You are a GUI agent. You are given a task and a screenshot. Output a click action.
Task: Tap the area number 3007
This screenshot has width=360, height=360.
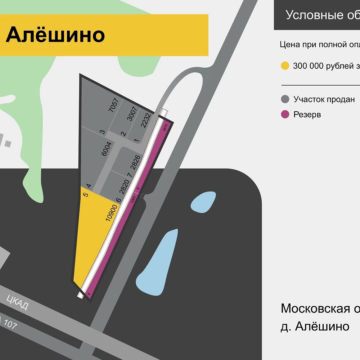[x=132, y=114]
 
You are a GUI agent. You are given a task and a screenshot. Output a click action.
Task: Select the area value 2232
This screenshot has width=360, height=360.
[x=145, y=120]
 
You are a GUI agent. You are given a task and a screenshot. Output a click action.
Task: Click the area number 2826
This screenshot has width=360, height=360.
[x=135, y=162]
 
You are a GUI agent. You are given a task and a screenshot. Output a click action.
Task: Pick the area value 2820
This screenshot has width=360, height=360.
[x=124, y=186]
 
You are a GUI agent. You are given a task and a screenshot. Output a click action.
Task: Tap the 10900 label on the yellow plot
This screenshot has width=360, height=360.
[x=112, y=213]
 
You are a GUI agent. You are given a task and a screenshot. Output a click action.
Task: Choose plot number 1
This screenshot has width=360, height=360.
[x=136, y=140]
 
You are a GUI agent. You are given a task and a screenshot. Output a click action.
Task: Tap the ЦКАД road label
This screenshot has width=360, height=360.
[x=17, y=302]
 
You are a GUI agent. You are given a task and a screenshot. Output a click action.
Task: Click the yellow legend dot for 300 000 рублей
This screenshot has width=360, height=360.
[x=285, y=66]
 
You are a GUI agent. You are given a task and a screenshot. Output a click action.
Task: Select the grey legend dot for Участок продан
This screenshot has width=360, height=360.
[x=285, y=99]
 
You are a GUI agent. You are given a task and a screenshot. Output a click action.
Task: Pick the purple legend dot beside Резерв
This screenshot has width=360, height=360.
[x=285, y=114]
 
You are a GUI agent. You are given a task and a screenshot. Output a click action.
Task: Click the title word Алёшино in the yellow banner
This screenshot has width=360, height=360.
[x=55, y=35]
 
